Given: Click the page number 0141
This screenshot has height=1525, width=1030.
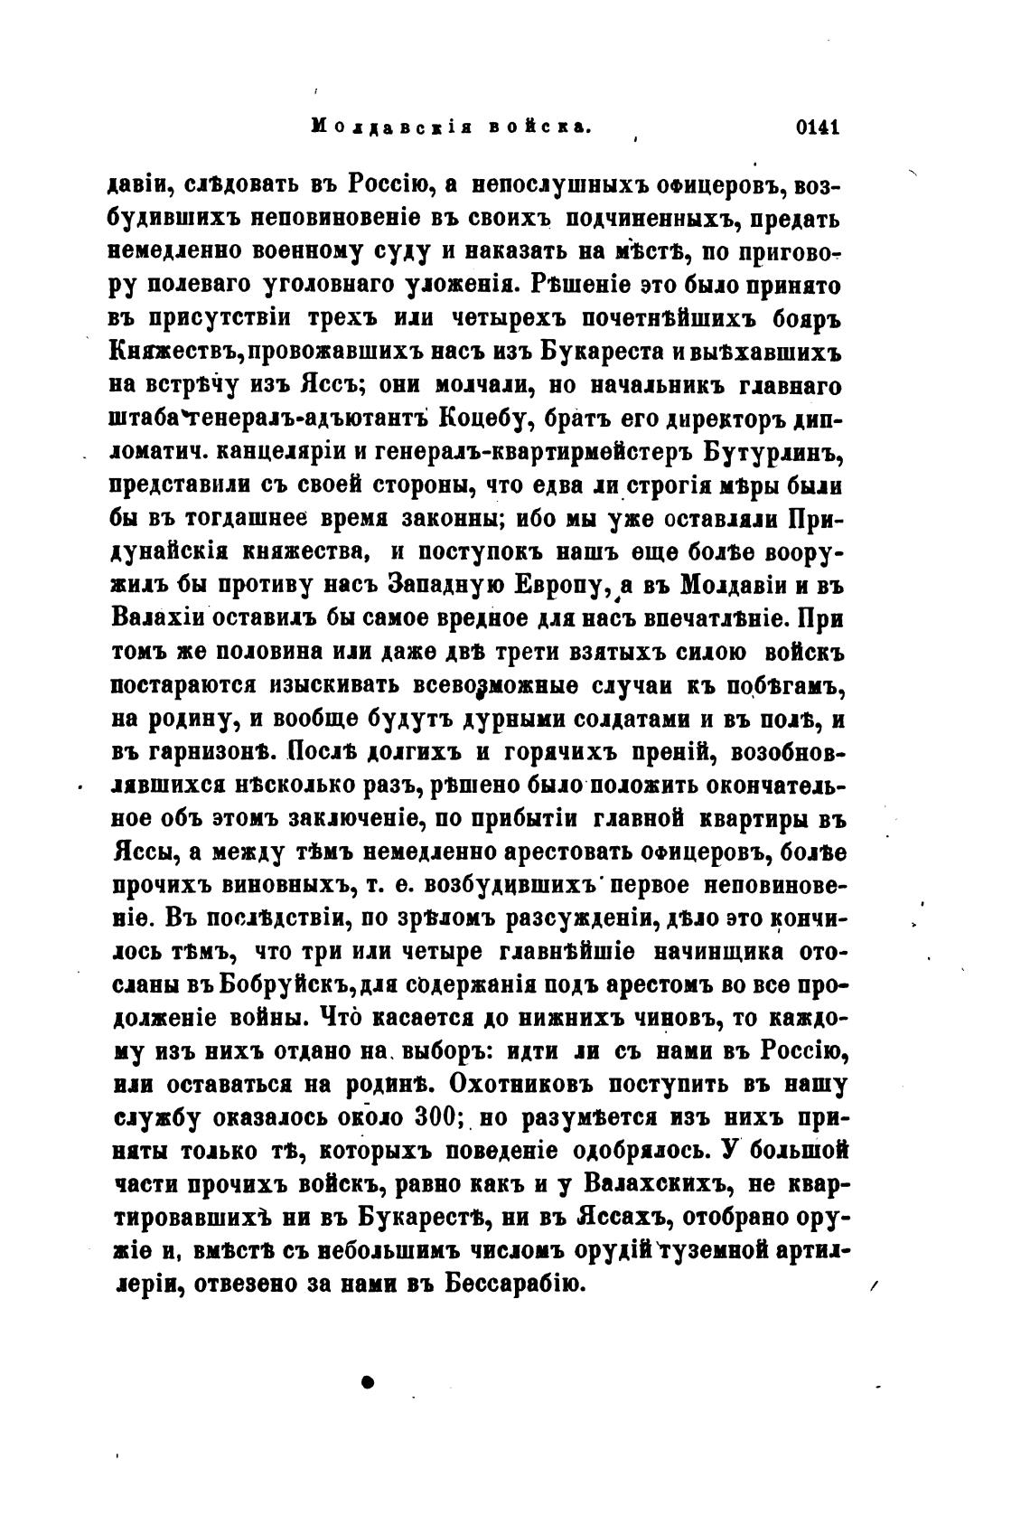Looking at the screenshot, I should [x=818, y=127].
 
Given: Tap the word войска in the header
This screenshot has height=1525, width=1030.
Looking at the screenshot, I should [x=540, y=127].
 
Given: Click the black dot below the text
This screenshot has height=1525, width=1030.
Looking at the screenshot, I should [x=366, y=1381].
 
